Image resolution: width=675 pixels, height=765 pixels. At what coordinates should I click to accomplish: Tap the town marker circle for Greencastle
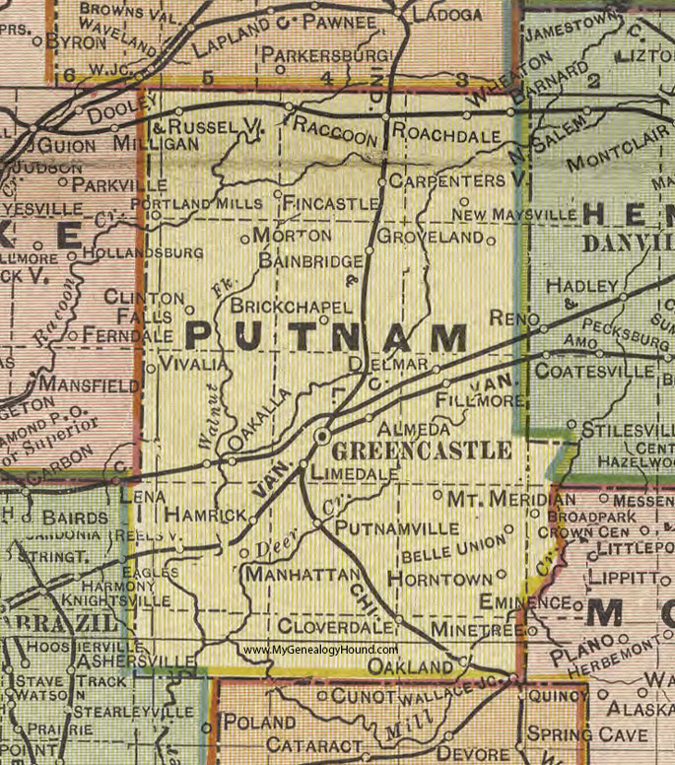(x=321, y=436)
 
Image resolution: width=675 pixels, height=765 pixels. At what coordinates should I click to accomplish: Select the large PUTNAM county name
(x=325, y=338)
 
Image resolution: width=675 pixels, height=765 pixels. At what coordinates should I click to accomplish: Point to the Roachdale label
(x=443, y=131)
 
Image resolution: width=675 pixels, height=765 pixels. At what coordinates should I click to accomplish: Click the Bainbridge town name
(x=306, y=259)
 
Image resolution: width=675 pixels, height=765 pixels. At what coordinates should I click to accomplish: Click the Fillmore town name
(x=481, y=402)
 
